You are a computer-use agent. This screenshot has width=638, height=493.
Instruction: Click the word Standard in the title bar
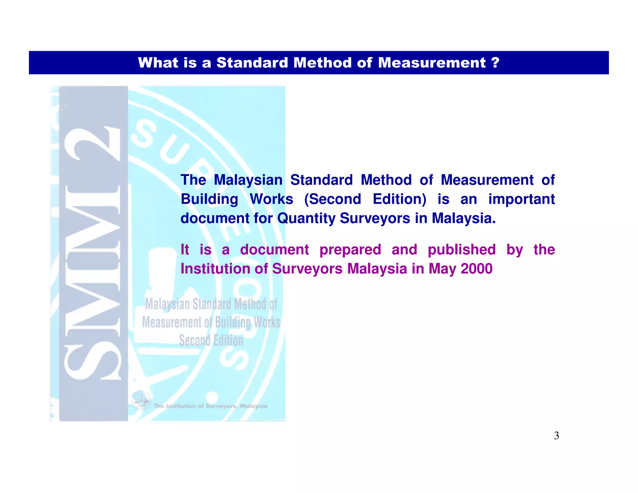pos(252,63)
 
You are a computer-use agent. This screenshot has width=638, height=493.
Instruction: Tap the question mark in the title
pos(495,63)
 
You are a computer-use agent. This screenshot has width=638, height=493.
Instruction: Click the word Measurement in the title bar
pos(432,63)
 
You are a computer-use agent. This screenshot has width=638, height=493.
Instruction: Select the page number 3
pos(556,436)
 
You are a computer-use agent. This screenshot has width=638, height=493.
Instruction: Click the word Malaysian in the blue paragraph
pos(248,180)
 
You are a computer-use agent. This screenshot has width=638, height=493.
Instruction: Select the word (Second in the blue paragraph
pos(332,199)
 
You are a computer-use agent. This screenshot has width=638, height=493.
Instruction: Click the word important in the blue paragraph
pos(521,199)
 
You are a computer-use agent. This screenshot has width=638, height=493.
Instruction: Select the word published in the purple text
pos(461,250)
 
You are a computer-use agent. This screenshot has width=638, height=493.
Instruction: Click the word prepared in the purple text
pos(350,250)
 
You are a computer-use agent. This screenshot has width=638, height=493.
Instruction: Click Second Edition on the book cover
pos(211,340)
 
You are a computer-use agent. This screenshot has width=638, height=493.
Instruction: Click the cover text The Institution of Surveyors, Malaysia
pos(210,406)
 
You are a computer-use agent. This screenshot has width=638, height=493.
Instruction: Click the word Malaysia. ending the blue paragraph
pos(463,218)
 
